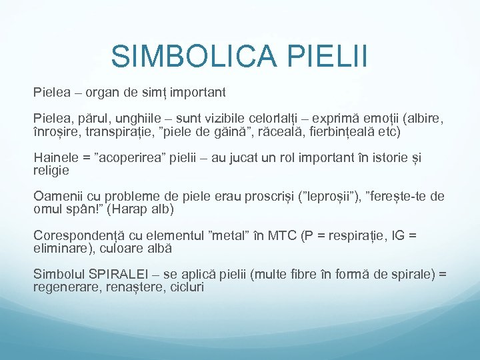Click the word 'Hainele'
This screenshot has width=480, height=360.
click(x=55, y=157)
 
